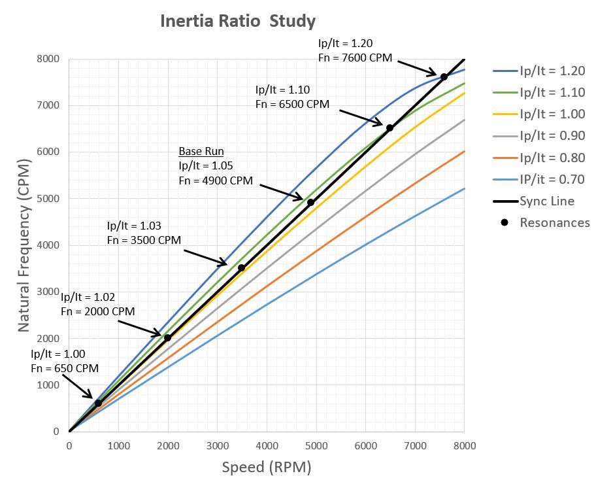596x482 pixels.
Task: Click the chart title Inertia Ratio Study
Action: pos(238,21)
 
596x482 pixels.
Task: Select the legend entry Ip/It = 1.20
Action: pos(552,71)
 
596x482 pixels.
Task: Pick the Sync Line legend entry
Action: pos(547,201)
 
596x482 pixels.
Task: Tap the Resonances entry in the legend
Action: pos(554,222)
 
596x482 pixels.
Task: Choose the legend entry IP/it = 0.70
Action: pos(552,179)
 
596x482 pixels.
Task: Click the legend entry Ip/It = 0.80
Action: pos(552,158)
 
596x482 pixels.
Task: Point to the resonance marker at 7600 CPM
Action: pos(444,77)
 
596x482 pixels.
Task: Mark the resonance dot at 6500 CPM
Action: pos(389,128)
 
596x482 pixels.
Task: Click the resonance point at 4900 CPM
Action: pos(310,202)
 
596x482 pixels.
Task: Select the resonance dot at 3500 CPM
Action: pos(241,267)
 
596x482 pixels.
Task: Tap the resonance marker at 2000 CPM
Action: pos(167,337)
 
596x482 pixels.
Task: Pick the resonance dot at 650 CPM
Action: pos(98,403)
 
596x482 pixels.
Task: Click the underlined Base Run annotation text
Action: pos(201,151)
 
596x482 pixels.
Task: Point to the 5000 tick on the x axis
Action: pos(316,447)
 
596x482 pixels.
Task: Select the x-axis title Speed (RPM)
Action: pos(266,468)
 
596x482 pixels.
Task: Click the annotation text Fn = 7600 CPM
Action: pos(355,58)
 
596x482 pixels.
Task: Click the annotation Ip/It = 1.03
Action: pos(135,226)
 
